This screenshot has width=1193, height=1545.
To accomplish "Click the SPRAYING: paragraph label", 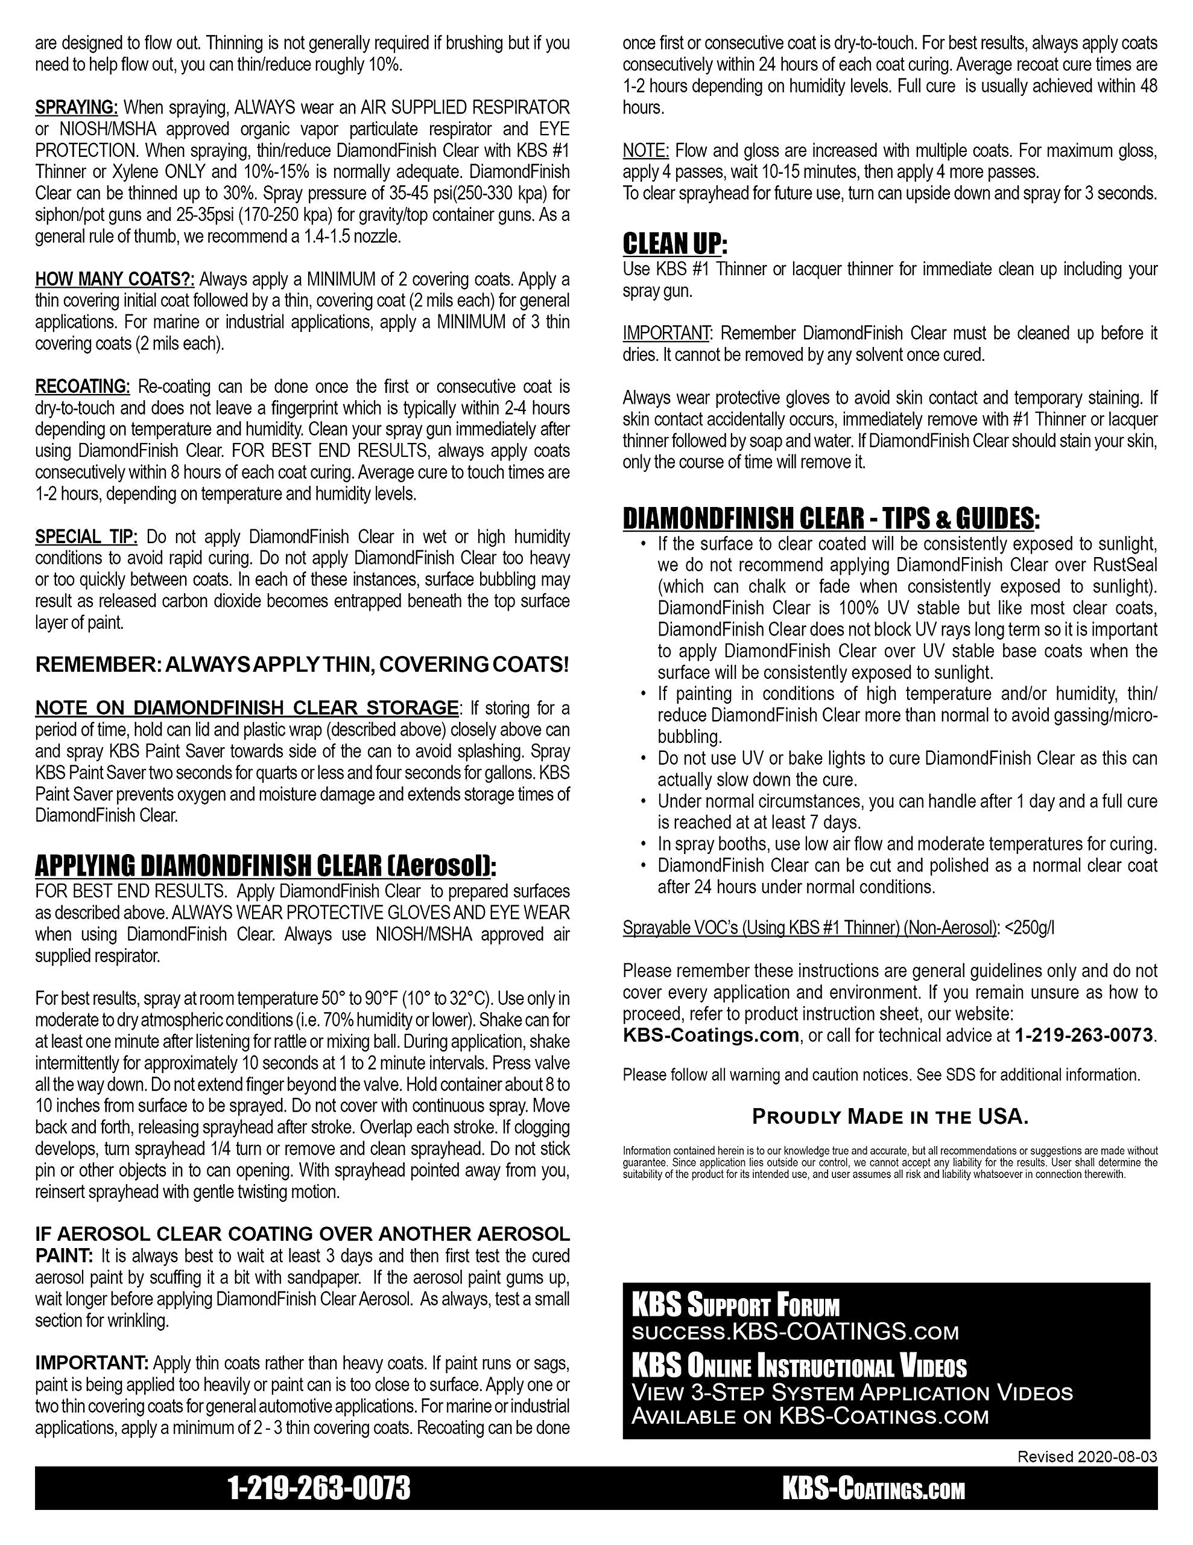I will [x=77, y=107].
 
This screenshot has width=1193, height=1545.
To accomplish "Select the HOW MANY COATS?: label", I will [x=115, y=279].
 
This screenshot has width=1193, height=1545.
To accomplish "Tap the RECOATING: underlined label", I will [x=83, y=386].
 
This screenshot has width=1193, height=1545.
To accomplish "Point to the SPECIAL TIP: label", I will [x=86, y=536].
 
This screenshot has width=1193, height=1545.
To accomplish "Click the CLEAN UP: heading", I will [x=675, y=244].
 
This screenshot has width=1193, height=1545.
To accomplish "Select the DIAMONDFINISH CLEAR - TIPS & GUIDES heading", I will [x=831, y=518].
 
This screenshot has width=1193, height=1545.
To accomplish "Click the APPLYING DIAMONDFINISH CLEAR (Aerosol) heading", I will [x=266, y=865].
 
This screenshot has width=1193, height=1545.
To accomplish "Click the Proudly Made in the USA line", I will [x=890, y=1117].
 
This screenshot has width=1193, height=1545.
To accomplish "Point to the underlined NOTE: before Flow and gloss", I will [x=645, y=150].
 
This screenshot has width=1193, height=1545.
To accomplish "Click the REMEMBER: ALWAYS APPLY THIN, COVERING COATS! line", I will [x=302, y=665].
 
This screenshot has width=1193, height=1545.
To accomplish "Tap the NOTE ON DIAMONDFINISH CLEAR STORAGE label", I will [x=247, y=707].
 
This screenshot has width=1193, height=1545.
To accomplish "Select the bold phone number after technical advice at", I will [x=1083, y=1036].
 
